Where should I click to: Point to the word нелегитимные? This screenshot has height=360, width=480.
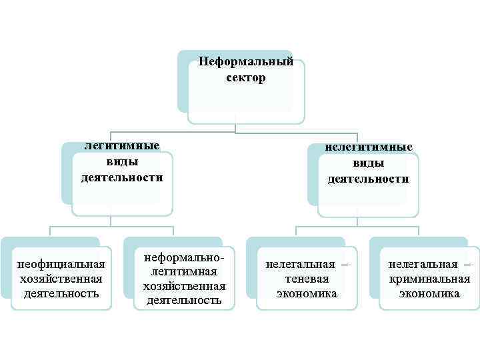368,147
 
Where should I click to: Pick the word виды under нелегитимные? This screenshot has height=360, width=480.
368,163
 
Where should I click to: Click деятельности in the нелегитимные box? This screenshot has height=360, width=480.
368,179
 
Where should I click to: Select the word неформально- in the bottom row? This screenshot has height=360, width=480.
185,257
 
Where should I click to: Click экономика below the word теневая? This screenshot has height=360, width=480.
307,293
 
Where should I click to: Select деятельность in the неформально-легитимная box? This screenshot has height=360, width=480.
185,300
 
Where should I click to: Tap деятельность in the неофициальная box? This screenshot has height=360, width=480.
61,293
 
